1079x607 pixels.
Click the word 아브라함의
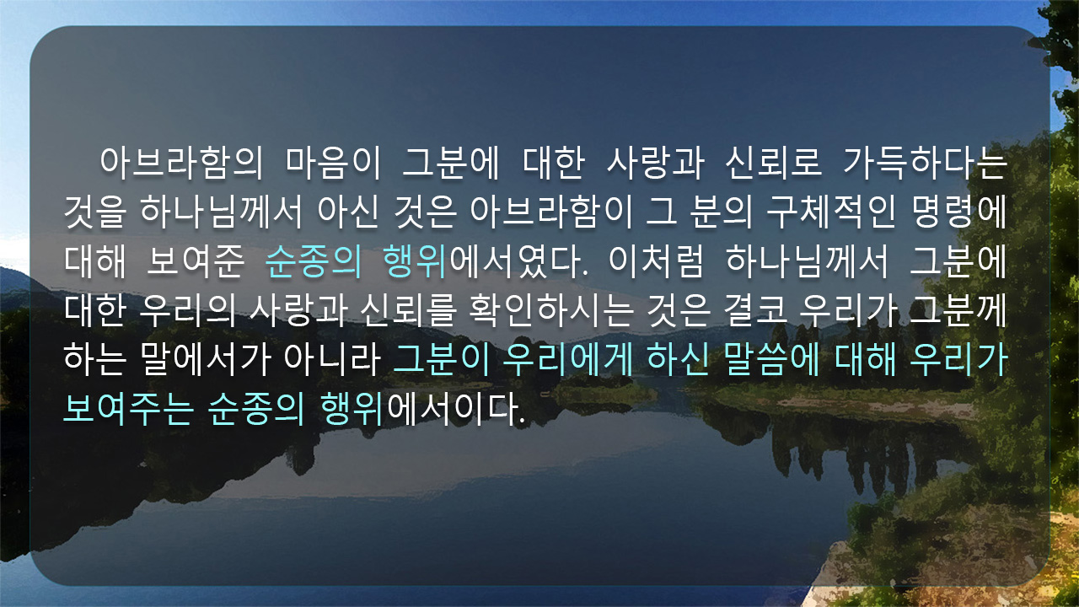coord(181,163)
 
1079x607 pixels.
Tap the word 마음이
coord(333,163)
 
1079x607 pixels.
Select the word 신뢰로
coord(773,163)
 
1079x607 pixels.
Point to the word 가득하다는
coord(926,163)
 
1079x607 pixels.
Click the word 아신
coord(348,212)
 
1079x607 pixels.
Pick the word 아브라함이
coord(551,212)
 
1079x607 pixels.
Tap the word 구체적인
coord(831,212)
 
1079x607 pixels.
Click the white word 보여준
coord(196,261)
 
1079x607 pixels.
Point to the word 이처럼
coord(656,261)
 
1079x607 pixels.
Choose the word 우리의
coord(187,310)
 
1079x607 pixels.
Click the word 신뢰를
coord(408,310)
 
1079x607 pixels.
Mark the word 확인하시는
coord(551,310)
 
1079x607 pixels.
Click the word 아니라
coord(332,360)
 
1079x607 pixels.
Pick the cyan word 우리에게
coord(567,360)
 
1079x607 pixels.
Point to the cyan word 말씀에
coord(771,360)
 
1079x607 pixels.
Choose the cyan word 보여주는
coord(128,409)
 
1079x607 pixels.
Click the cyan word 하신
coord(678,360)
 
